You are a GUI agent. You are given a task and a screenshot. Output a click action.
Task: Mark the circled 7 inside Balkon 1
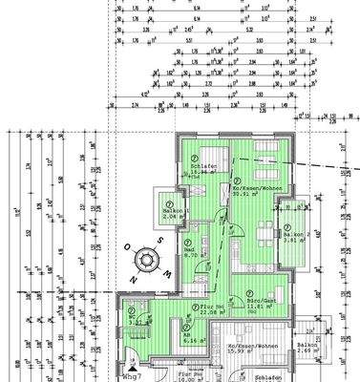pos(169,202)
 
